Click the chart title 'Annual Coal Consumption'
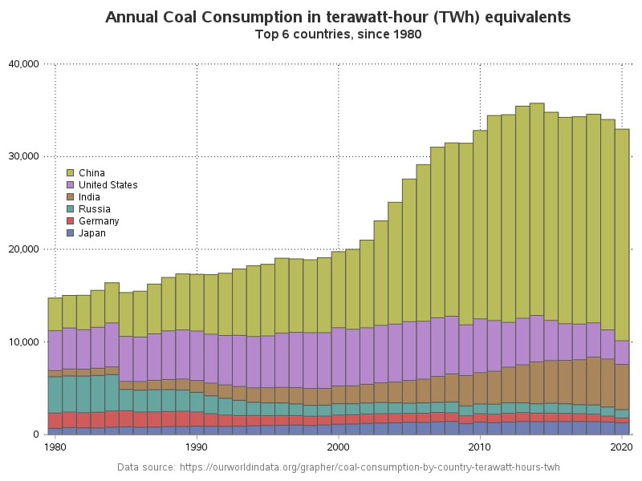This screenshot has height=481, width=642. coord(338,17)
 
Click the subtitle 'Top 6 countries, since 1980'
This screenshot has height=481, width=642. coord(338,34)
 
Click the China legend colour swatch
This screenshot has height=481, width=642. coord(71,173)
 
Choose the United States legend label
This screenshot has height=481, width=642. coord(108,185)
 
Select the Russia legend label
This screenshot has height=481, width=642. coord(95,209)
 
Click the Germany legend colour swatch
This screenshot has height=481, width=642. coord(71,221)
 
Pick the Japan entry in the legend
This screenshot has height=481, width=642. coord(91,233)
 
